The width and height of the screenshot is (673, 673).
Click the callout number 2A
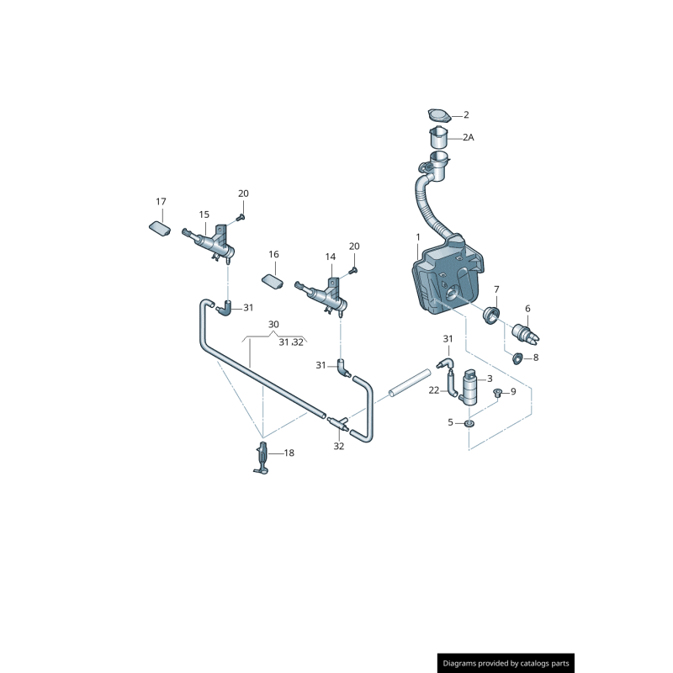(469, 137)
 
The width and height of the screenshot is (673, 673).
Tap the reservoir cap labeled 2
(439, 115)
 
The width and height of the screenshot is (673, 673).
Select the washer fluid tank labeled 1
(448, 274)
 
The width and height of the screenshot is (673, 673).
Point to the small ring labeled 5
(469, 424)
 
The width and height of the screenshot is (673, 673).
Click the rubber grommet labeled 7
(490, 315)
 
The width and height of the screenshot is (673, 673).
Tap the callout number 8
(536, 358)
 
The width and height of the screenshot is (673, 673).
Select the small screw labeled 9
(497, 392)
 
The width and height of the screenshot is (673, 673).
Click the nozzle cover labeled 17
(160, 228)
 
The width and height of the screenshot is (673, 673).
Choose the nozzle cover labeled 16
(273, 282)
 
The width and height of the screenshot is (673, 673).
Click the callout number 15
(204, 215)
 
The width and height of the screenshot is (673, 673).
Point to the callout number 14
(330, 257)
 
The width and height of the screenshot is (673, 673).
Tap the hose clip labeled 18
(262, 458)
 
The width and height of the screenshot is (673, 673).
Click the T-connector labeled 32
(339, 422)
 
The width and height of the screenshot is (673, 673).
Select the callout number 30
(273, 325)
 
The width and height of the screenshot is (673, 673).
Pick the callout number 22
(433, 390)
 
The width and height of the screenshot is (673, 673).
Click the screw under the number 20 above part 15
(241, 218)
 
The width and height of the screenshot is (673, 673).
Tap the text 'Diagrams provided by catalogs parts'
(506, 663)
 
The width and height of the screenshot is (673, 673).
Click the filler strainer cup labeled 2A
(438, 137)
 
